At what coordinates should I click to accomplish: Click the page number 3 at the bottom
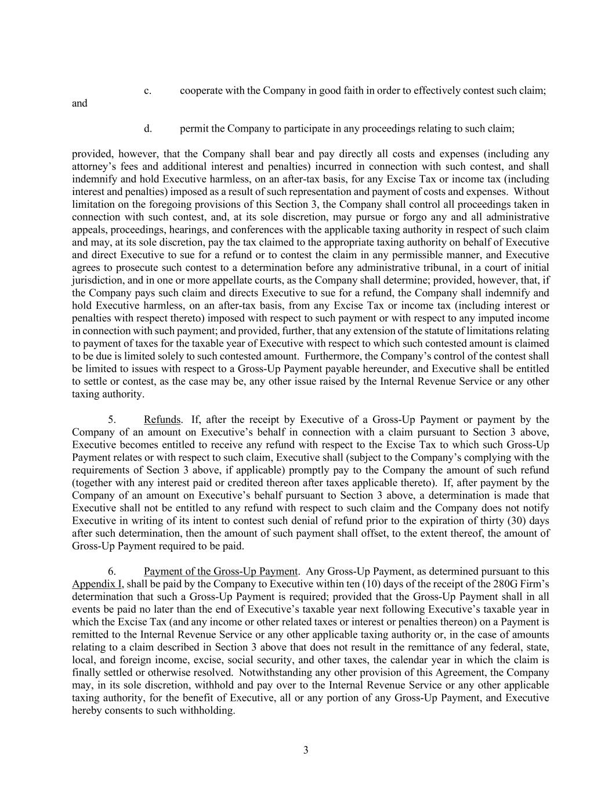coord(306,750)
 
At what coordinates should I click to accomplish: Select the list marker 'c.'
coord(148,91)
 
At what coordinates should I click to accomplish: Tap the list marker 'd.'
coord(148,129)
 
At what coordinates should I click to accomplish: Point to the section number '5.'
coord(113,419)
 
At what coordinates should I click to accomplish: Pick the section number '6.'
coord(113,572)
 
